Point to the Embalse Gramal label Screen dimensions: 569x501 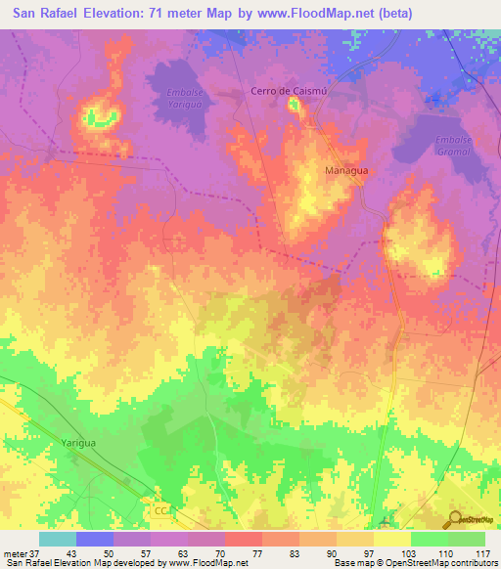coord(453,146)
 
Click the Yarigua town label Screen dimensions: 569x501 coord(78,442)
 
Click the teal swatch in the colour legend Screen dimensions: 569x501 coord(57,539)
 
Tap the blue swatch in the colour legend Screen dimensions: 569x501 coord(95,539)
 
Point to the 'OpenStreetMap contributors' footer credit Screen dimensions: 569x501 coord(439,563)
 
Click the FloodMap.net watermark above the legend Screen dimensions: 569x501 coord(205,523)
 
